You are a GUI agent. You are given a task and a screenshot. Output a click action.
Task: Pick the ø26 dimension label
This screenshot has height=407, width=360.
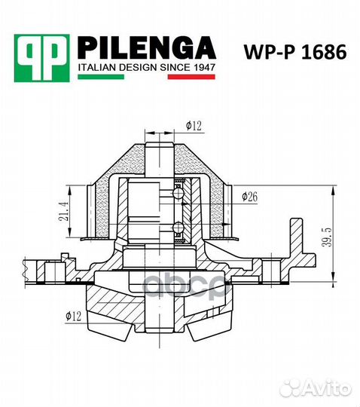[x=251, y=197]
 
